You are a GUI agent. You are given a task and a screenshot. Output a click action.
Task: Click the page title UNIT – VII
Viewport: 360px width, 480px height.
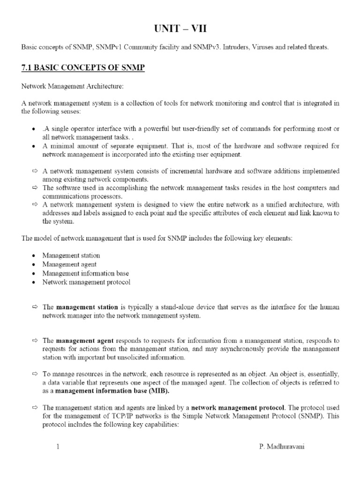point(180,29)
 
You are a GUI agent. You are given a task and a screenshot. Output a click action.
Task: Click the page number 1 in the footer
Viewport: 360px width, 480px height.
point(58,447)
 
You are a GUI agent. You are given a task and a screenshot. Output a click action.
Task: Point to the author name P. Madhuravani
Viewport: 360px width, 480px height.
point(281,447)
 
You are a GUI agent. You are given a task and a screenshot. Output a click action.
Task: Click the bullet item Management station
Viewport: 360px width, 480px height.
point(71,255)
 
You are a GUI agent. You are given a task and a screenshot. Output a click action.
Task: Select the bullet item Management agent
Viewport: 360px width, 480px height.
point(69,264)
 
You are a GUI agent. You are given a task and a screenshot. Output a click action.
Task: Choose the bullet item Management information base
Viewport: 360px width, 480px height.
point(85,273)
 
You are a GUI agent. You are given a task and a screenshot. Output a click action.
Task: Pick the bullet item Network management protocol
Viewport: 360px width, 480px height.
point(86,282)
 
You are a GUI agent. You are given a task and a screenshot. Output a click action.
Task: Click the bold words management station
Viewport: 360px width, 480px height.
point(87,307)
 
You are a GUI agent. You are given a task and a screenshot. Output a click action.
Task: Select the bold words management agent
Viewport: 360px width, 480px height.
point(85,341)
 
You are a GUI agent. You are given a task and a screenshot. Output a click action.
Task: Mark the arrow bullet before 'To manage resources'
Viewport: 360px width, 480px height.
point(34,374)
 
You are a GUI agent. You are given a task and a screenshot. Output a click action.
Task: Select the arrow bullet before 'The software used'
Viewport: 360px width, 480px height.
point(34,188)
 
